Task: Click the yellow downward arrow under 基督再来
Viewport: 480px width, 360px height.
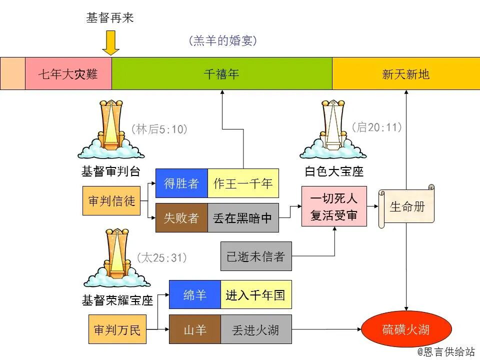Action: [110, 43]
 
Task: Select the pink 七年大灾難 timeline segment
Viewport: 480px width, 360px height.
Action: [68, 74]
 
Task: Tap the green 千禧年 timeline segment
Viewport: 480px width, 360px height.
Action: [221, 74]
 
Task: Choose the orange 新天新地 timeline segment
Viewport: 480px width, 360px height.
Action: [405, 74]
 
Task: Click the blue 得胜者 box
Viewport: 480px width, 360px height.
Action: [181, 183]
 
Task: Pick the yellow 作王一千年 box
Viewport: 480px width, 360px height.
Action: [243, 183]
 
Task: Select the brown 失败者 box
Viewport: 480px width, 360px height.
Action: [181, 217]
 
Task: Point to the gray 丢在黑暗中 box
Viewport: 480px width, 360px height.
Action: [243, 217]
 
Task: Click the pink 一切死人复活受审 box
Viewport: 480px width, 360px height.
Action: [334, 206]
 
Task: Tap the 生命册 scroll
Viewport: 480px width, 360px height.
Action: [406, 206]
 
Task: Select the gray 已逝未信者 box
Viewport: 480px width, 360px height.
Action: [255, 256]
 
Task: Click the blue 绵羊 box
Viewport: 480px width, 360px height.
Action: [195, 295]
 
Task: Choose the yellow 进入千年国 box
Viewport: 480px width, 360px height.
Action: [255, 295]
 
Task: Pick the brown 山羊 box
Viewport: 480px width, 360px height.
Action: [195, 329]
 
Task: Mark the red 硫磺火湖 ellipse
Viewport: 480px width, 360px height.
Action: [406, 329]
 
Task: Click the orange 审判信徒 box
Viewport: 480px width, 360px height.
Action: [111, 201]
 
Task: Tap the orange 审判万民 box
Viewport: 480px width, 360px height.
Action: [117, 329]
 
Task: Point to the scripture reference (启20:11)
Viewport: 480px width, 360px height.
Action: [377, 127]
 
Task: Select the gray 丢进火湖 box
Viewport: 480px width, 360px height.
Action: [255, 329]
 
